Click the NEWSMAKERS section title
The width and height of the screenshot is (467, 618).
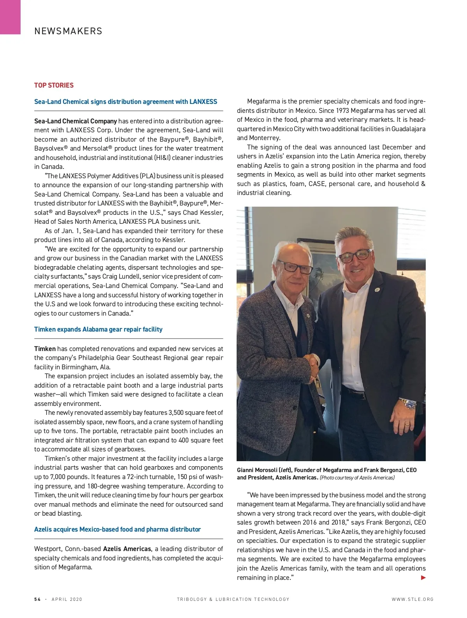[68, 31]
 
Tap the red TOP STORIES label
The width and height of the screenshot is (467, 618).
[54, 85]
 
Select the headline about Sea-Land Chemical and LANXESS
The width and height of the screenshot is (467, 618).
[125, 102]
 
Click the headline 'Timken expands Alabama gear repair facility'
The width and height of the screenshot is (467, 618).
[98, 329]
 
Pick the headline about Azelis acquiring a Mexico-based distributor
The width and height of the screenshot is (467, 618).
[117, 529]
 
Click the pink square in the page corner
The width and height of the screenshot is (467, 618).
[10, 17]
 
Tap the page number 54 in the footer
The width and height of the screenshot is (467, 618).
[37, 599]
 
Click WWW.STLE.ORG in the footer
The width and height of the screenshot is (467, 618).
[413, 599]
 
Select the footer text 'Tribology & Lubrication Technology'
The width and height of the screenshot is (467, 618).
[233, 599]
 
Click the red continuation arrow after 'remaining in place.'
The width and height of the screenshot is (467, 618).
[423, 578]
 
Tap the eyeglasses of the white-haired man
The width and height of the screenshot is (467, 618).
[294, 267]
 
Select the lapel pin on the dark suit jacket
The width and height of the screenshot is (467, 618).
[377, 290]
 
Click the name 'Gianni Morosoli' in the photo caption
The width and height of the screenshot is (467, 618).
[257, 470]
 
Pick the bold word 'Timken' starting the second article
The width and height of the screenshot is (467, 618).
[45, 349]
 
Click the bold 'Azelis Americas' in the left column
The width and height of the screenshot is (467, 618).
[127, 549]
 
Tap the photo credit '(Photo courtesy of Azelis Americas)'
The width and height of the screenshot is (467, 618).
[357, 478]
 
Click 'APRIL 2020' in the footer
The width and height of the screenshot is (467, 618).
[67, 599]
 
